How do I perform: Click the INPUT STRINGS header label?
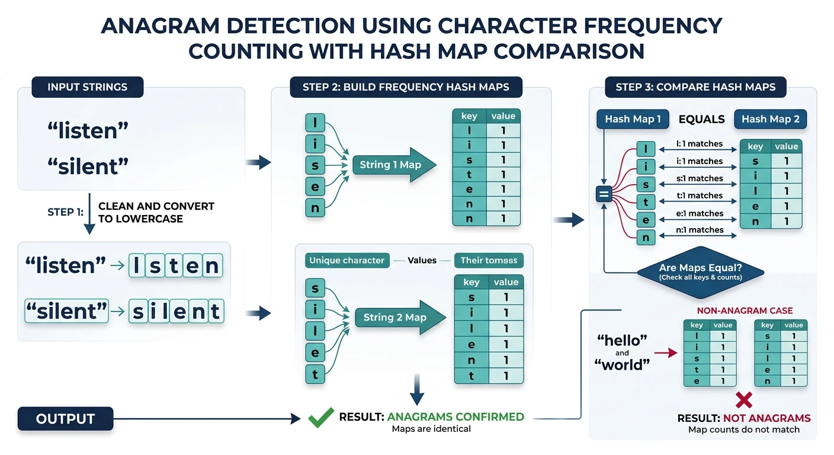point(87,87)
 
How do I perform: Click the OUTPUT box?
point(65,419)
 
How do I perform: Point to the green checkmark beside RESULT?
point(321,418)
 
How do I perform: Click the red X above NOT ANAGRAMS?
point(743,400)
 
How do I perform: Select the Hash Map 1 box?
point(633,119)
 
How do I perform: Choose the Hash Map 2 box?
point(770,119)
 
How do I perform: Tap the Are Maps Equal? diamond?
point(701,272)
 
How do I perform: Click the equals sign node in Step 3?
point(604,194)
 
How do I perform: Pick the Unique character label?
point(347,260)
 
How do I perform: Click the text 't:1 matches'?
point(699,196)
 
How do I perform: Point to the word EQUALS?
point(701,119)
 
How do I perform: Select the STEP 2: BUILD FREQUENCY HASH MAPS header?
point(406,87)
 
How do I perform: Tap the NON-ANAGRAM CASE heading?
point(745,310)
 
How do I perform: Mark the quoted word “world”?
point(622,365)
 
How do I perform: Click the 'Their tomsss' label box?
point(489,260)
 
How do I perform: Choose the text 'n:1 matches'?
point(699,230)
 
